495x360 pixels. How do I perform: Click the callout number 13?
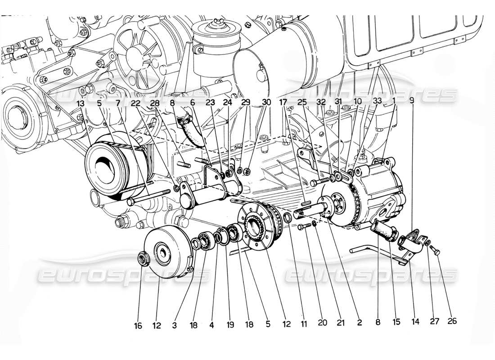(x=80, y=103)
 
